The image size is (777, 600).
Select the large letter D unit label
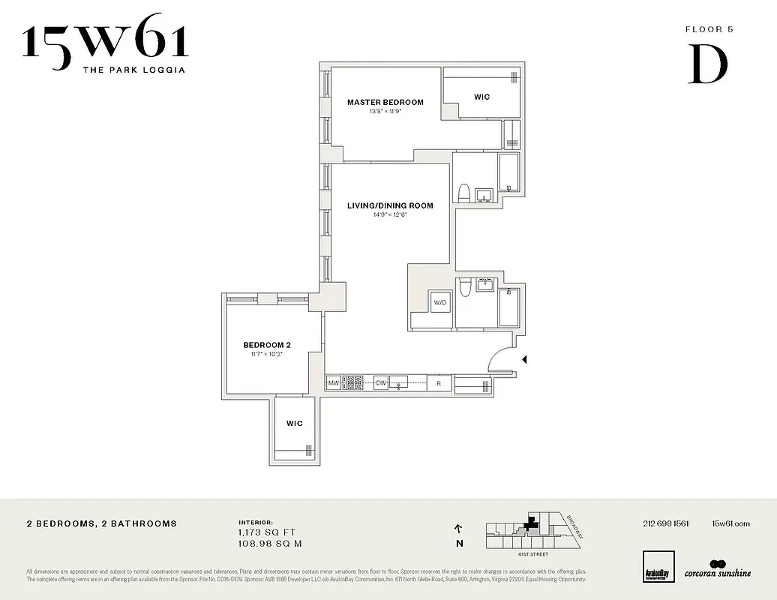coord(708,65)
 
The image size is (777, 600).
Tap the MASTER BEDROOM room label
coord(385,103)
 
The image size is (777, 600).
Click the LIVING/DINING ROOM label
coord(390,205)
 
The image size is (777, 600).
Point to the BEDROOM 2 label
coord(266,345)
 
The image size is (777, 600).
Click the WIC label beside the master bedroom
coord(481,97)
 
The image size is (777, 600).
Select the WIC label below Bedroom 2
coord(294,424)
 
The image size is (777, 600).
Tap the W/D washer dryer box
coord(439,301)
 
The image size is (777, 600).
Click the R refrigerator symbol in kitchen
coord(439,383)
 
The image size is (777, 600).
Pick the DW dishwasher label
coord(381,382)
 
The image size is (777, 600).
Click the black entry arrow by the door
coord(524,360)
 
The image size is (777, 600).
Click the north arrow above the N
coord(458,529)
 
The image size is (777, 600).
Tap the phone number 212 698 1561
coord(665,523)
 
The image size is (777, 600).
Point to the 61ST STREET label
coord(532,554)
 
